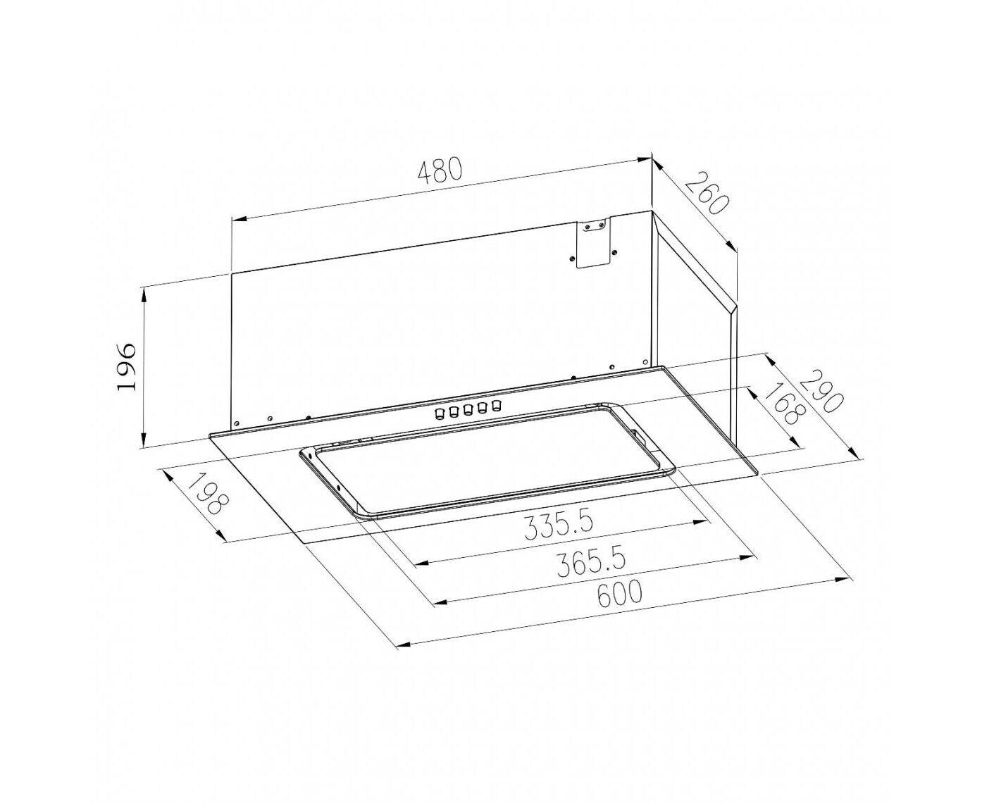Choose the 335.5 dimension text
tap(559, 526)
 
